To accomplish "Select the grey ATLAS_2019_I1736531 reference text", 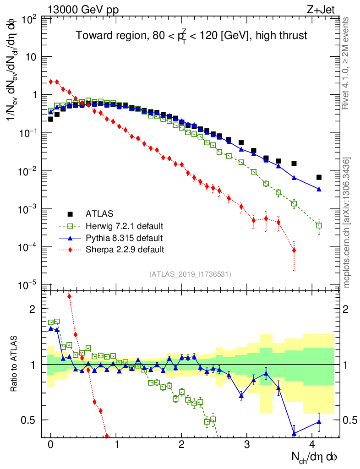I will click(190, 274).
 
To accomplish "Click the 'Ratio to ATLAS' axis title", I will click(15, 365).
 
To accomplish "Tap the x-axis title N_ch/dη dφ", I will click(315, 457).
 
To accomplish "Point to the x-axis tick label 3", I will click(247, 445).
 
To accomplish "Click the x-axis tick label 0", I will click(50, 445).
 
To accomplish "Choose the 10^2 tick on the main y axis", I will click(29, 20).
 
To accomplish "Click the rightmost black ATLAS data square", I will click(319, 177).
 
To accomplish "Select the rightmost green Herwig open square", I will click(319, 225).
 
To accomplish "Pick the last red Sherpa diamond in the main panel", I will click(294, 250).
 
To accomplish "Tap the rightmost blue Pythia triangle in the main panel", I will click(319, 189).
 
